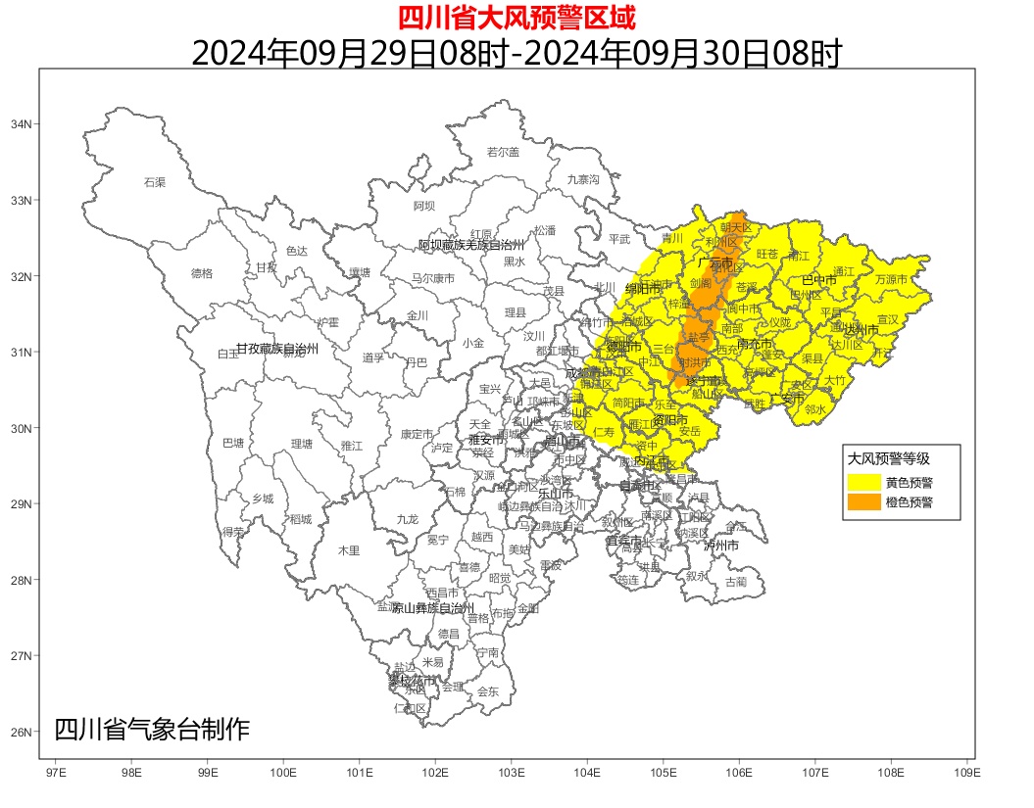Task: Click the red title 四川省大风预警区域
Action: coord(517,17)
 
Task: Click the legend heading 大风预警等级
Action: coord(888,458)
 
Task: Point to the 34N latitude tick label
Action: coord(21,124)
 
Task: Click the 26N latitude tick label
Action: coord(21,732)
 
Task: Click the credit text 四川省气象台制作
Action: coord(152,730)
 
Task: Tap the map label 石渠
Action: coord(155,182)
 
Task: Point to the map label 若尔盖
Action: coord(503,152)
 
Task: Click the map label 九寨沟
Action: coord(582,179)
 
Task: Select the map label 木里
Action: coord(349,550)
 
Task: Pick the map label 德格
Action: coord(201,273)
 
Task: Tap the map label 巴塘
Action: coord(233,443)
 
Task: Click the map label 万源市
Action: coord(891,279)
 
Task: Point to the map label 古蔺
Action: coord(735,582)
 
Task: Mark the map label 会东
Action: coord(487,691)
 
